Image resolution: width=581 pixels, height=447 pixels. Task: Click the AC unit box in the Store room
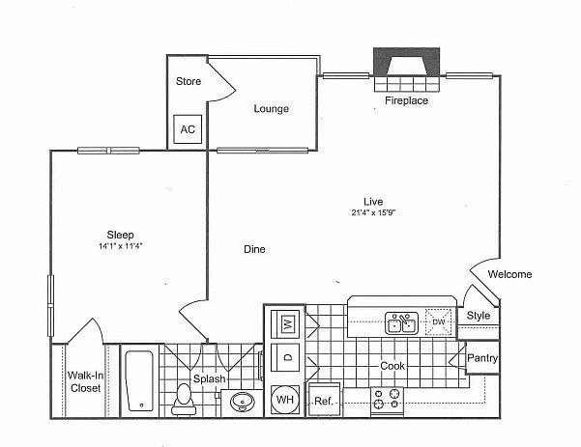[188, 129]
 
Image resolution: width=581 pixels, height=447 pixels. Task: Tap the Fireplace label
[406, 100]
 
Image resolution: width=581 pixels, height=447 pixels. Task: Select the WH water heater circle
[285, 400]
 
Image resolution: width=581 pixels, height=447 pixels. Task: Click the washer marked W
[285, 324]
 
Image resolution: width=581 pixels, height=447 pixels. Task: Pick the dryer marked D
[285, 357]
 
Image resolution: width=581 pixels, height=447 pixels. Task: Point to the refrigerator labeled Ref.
[324, 400]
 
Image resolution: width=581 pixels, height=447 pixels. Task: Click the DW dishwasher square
[439, 321]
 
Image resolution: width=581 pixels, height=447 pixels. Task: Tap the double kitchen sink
[401, 323]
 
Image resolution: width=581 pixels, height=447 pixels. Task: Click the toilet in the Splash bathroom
[183, 400]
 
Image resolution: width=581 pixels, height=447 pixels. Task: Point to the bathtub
[140, 381]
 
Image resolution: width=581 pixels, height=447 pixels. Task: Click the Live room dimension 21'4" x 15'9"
[374, 212]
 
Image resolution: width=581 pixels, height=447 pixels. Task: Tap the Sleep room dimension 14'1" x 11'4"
[121, 246]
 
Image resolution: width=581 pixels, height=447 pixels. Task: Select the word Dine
[254, 249]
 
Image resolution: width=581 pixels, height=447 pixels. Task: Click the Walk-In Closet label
[86, 382]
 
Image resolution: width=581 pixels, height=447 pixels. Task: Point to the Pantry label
[482, 358]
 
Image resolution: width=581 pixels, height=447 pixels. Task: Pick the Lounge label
[272, 109]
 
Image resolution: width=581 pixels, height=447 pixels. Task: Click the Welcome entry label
[509, 274]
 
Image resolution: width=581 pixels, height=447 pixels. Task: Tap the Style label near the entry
[479, 316]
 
